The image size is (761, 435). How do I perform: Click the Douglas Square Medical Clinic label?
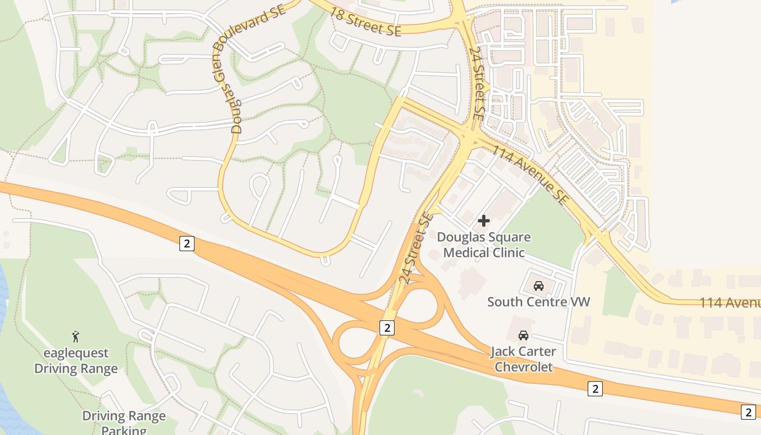coord(484,245)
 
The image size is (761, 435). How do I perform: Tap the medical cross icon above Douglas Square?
coord(483,221)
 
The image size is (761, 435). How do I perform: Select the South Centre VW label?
coord(538,302)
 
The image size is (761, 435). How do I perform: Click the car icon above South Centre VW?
coord(538,286)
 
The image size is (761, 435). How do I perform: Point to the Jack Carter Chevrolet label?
coord(523,359)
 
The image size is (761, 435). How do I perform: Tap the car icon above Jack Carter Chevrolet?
coord(523,335)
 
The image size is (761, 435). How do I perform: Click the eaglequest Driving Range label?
coord(76,361)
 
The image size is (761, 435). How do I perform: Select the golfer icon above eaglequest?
coord(76,337)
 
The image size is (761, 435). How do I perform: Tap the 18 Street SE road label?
coord(365,22)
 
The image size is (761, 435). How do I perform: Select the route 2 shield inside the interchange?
coord(386,327)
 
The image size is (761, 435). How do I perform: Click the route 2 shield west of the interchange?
coord(186,243)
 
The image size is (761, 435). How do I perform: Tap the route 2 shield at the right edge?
coord(748,412)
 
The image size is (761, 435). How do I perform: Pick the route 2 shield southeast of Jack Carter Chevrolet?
coord(595,388)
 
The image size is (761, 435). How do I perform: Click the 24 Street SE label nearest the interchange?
coord(417,248)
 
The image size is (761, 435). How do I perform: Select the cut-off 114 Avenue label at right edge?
coord(729,302)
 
